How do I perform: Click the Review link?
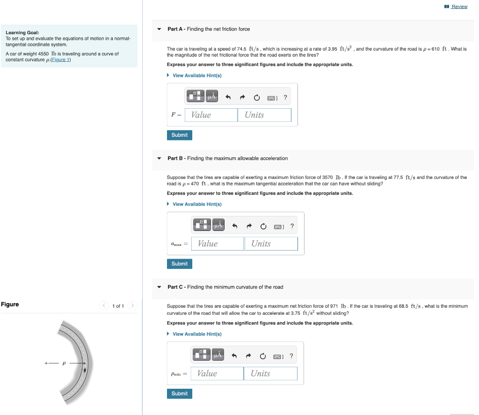[x=459, y=7]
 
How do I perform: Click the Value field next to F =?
[x=211, y=115]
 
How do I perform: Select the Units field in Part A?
[x=264, y=115]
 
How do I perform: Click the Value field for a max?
[x=218, y=244]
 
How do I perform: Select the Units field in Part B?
[x=271, y=244]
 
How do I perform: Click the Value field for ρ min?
[x=217, y=373]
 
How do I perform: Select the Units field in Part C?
[x=270, y=373]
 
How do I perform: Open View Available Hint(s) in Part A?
[x=196, y=75]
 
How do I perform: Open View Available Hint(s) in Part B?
[x=196, y=204]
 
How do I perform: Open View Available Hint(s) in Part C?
[x=196, y=334]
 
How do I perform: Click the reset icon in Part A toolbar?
[x=257, y=97]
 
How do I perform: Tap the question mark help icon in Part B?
[x=292, y=226]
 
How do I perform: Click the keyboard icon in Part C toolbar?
[x=278, y=356]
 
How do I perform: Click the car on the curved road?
[x=85, y=371]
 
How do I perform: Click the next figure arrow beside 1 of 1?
[x=132, y=306]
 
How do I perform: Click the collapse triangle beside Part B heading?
[x=160, y=158]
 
